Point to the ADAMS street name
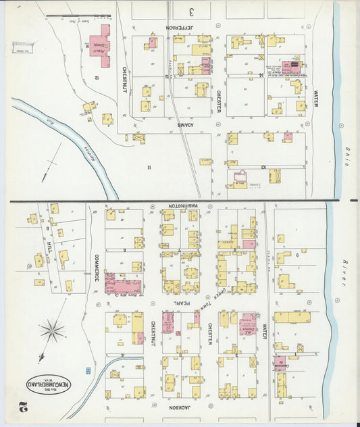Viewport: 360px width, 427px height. pos(186,126)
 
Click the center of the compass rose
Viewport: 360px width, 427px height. pos(52,331)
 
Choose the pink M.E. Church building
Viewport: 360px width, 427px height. pos(248,323)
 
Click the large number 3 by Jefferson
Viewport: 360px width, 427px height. pos(191,11)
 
